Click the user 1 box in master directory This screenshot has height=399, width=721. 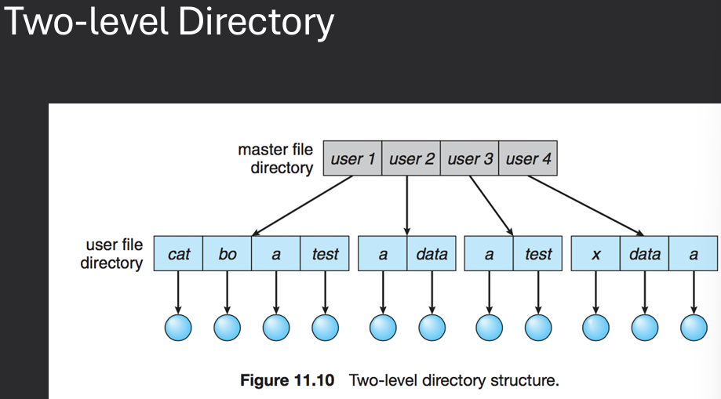(352, 159)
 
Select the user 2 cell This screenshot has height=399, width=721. (411, 159)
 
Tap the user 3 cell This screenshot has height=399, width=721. (470, 159)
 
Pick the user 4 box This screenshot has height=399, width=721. (528, 159)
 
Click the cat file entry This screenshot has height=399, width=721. (179, 254)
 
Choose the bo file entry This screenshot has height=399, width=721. (228, 254)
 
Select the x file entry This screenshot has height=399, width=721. (596, 254)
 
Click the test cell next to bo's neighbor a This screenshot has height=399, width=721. (325, 254)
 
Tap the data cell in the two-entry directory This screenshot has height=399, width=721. (432, 254)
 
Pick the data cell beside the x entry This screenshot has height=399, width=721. (645, 254)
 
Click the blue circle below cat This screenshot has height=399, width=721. (179, 328)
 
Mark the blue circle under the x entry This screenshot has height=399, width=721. (596, 328)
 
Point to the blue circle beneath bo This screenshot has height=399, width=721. (228, 328)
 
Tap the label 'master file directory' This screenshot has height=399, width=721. (275, 158)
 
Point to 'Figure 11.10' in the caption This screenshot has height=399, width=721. (287, 381)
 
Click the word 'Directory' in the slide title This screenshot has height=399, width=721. (255, 24)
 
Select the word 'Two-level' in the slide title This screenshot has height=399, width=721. (86, 24)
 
